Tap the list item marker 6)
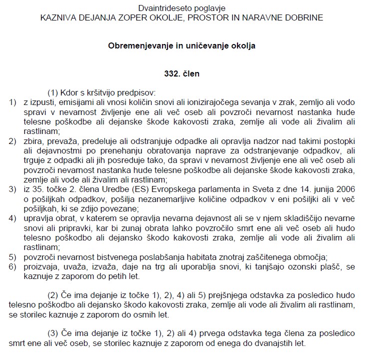pyautogui.click(x=12, y=266)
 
